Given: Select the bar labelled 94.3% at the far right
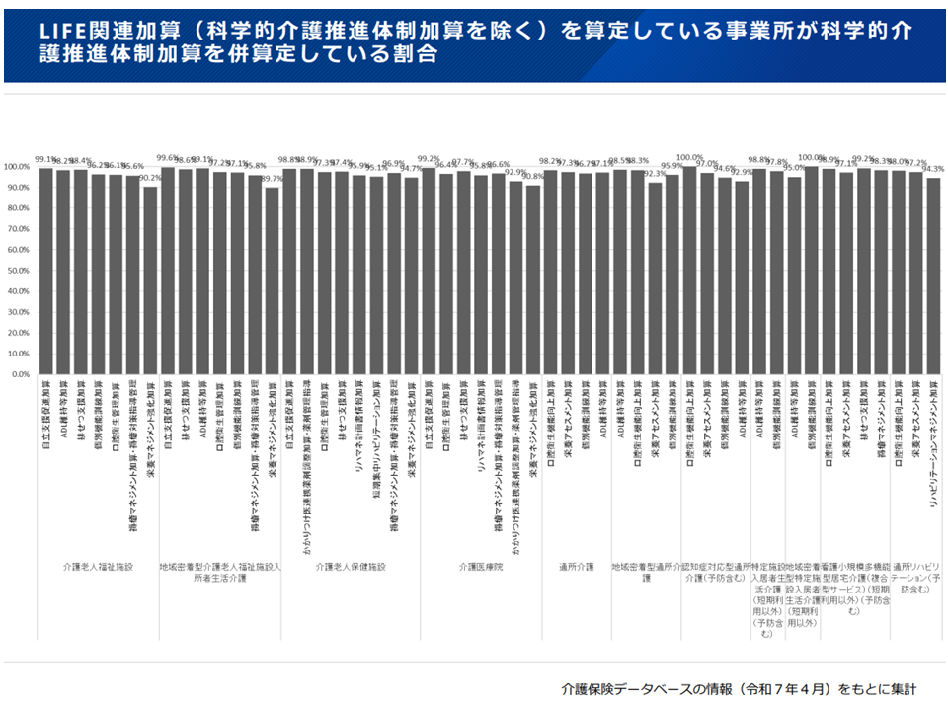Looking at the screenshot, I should point(933,276).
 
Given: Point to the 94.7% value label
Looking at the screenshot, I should point(412,168).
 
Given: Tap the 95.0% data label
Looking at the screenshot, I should point(793,168).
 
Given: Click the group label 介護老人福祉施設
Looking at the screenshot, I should point(97,567).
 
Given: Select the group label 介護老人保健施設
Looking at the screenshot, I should point(351,567).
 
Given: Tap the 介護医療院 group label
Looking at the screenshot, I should point(480,567).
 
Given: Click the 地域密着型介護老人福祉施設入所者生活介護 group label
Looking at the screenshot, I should point(220,573).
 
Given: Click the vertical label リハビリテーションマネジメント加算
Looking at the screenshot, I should point(933,443).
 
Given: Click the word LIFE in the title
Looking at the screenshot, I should point(62,32).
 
